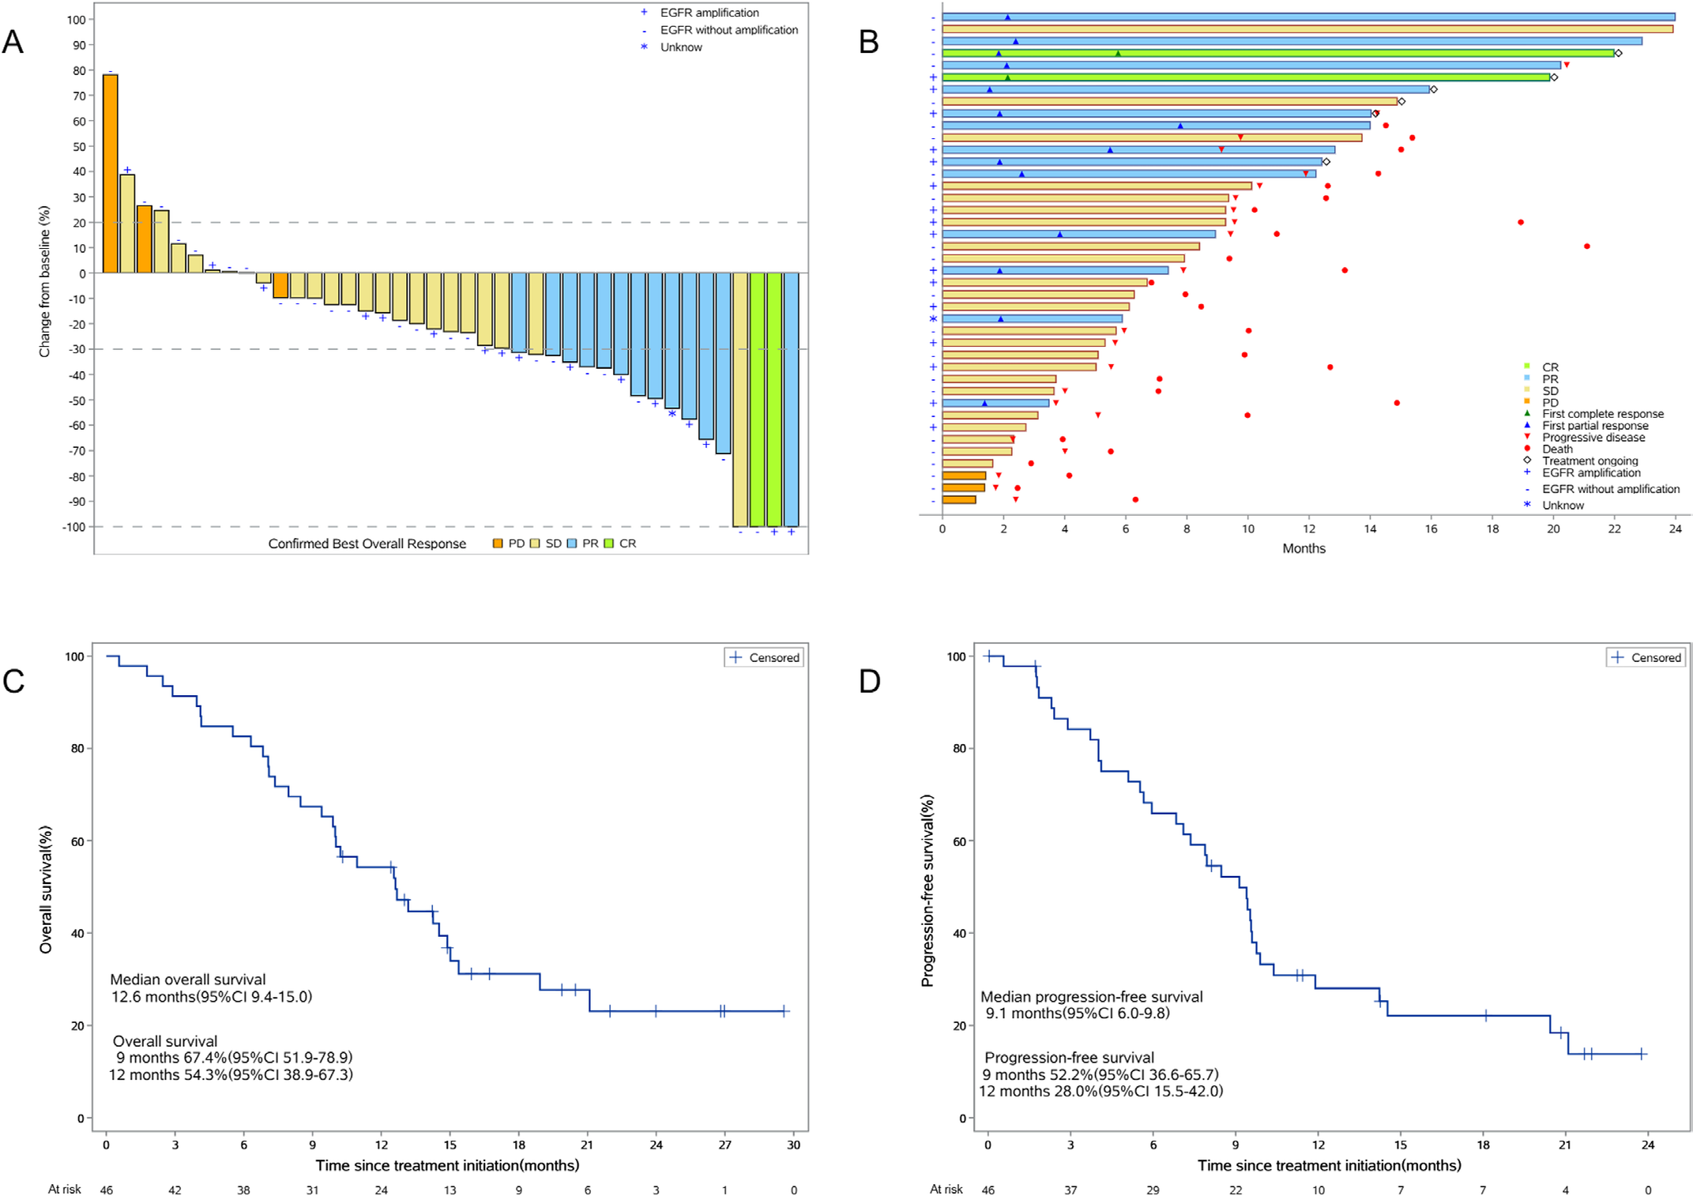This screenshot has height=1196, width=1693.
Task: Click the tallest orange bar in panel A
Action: (111, 174)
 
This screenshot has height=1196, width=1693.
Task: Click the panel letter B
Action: (869, 42)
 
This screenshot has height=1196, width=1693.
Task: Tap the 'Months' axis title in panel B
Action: (1304, 548)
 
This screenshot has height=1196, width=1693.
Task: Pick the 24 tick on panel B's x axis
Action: (1676, 528)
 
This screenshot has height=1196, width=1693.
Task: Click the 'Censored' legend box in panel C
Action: (764, 657)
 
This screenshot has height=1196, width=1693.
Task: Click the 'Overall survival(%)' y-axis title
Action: (46, 889)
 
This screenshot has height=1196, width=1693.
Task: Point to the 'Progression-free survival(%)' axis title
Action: (927, 890)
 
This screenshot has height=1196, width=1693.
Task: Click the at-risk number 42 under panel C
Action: (175, 1190)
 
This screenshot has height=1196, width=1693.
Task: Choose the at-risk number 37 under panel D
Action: (1070, 1190)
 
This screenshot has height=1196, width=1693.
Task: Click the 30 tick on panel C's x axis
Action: (794, 1145)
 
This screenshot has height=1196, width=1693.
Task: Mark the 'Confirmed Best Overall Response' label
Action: (367, 543)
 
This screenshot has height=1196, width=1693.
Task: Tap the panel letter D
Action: (870, 681)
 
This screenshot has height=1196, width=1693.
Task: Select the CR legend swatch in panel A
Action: (608, 543)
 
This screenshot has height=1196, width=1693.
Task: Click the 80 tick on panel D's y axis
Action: (959, 749)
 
